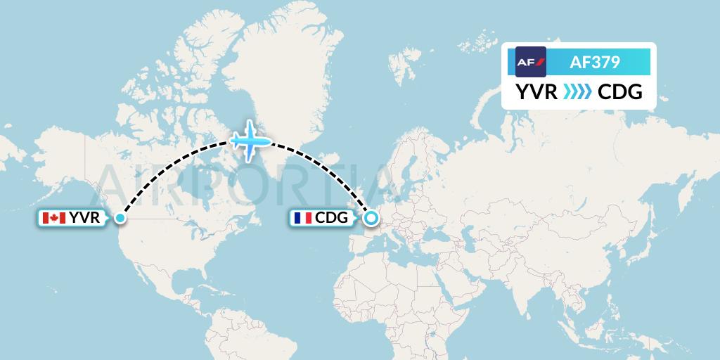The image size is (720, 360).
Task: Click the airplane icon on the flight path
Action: [250, 141]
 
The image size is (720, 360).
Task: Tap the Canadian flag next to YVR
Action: [53, 218]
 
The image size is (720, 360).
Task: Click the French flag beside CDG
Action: [302, 218]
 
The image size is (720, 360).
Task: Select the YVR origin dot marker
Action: [120, 218]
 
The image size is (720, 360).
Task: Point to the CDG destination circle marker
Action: [371, 218]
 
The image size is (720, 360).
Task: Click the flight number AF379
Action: [594, 63]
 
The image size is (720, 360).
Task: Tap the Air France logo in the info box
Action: [531, 62]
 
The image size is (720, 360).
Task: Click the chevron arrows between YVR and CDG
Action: [577, 92]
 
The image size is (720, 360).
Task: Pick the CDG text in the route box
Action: [619, 92]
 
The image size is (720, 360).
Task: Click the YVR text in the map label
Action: [84, 218]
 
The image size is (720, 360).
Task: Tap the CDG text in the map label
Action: [332, 218]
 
